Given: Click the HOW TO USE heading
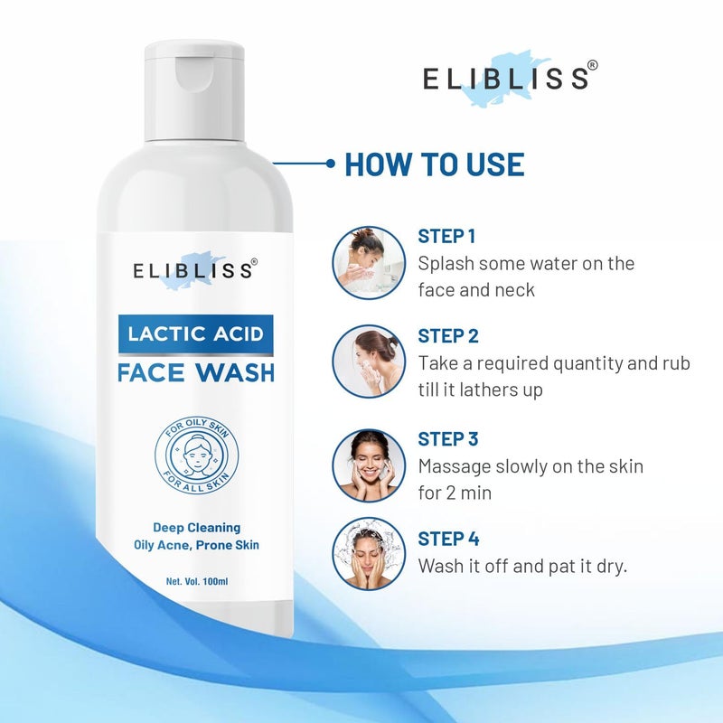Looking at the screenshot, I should pos(434,164).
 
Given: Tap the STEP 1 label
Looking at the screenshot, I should pos(446,237).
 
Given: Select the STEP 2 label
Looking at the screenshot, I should pos(447,336).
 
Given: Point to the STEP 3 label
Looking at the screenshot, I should pos(447,439).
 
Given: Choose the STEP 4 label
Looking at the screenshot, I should pos(447,539).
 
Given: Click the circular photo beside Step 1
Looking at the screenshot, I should pos(369,262).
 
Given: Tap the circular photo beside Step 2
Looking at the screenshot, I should pos(369,361).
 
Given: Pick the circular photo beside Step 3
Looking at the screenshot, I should pos(369,465).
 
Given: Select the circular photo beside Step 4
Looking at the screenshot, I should pos(369,553).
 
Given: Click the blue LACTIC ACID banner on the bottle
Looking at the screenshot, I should pos(195,334).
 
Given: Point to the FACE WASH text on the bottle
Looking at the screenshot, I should pos(195,371).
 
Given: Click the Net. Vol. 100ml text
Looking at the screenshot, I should pos(195,581).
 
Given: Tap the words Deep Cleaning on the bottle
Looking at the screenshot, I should pos(195,527).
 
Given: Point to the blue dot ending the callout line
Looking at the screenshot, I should pos(331,164).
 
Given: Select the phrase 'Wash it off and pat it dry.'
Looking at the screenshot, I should pos(522,567).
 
